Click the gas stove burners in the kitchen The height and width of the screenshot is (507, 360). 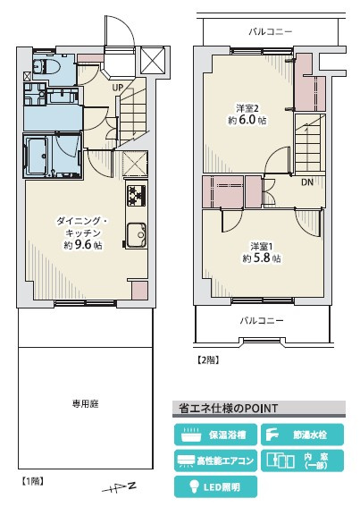[136, 196]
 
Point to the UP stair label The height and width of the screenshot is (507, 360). [118, 88]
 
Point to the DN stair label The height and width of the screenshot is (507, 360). [306, 183]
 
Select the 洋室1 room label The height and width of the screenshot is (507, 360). [261, 246]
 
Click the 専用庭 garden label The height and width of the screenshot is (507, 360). [86, 404]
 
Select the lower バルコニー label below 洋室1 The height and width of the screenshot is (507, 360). [261, 320]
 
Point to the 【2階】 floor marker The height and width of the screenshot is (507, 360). [207, 360]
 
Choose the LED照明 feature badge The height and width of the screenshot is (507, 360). [215, 486]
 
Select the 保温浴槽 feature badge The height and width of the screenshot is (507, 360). [215, 435]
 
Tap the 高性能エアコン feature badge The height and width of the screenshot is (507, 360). [215, 461]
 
